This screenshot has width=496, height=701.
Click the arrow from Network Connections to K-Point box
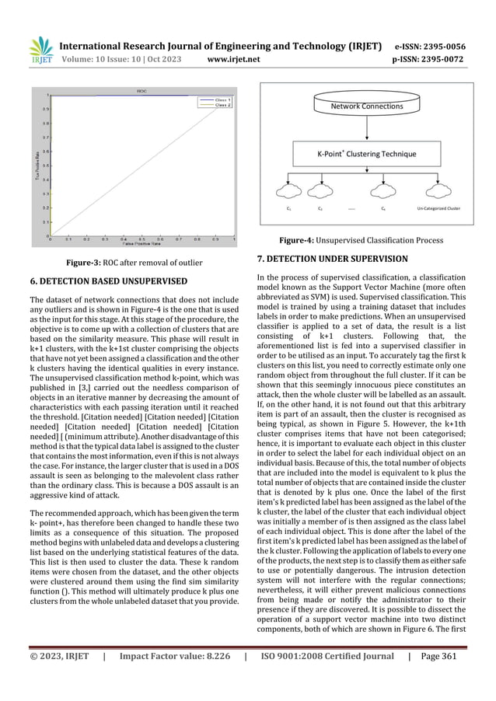[x=367, y=128]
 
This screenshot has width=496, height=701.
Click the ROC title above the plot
[x=142, y=91]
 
